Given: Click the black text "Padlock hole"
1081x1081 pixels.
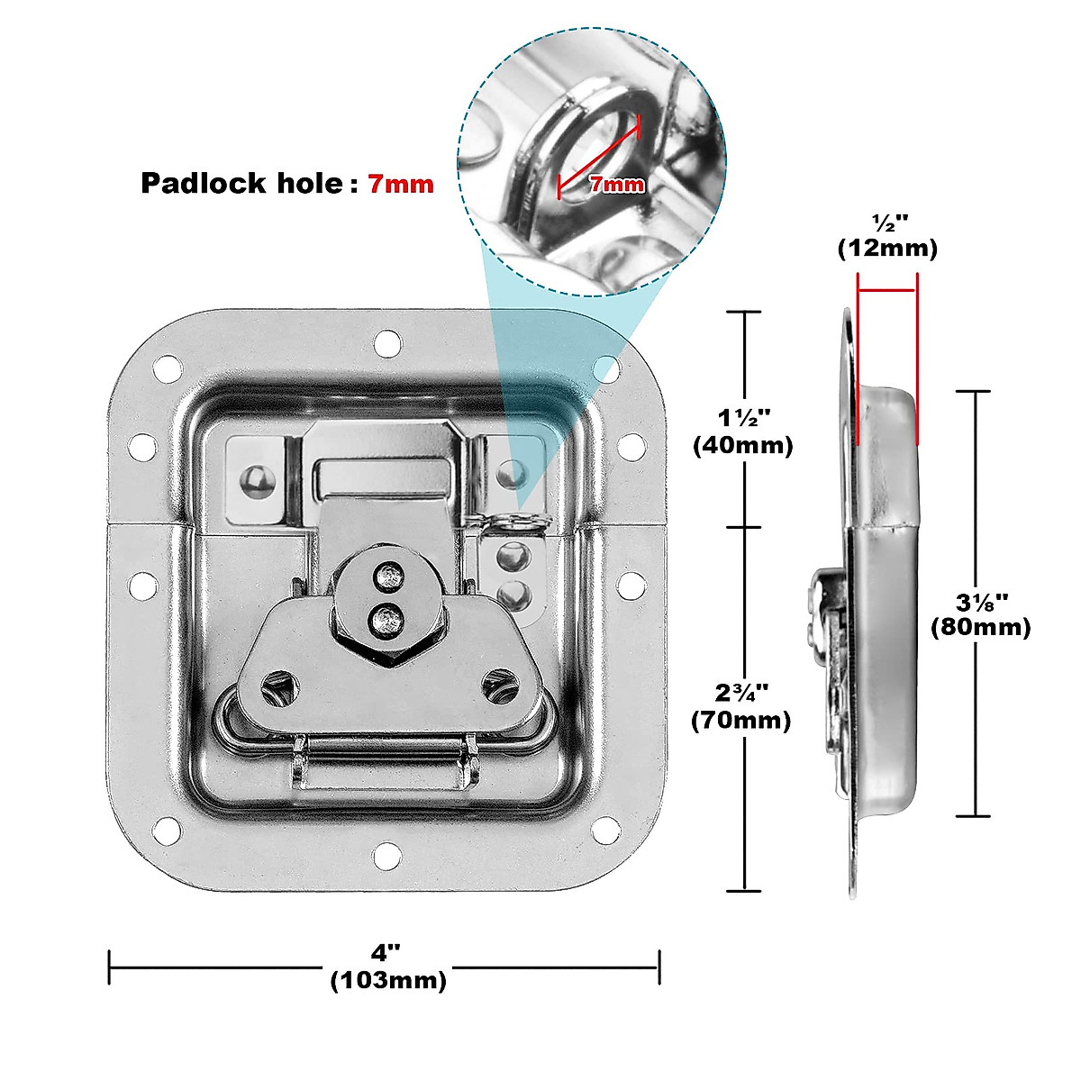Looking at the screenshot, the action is (x=241, y=184).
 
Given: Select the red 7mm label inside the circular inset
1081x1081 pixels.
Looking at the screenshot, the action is (x=617, y=185).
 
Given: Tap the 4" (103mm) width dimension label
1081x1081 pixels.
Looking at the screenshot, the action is (x=387, y=967).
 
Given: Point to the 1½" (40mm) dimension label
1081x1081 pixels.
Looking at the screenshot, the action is (x=743, y=431).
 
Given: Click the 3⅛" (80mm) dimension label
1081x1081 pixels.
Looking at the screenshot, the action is (x=980, y=613).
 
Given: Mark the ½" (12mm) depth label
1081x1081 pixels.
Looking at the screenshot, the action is (x=887, y=236).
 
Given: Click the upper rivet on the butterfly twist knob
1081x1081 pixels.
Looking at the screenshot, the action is (x=389, y=573).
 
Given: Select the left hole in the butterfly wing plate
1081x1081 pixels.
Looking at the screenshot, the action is (x=276, y=689).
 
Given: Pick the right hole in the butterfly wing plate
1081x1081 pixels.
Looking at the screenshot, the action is (x=497, y=687).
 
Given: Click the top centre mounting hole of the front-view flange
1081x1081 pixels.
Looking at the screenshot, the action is (x=387, y=342).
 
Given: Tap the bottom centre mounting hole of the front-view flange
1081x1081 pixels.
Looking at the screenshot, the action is (x=387, y=854).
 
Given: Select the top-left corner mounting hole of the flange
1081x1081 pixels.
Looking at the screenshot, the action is (x=167, y=368).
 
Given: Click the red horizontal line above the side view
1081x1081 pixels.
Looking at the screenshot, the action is (x=887, y=290).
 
